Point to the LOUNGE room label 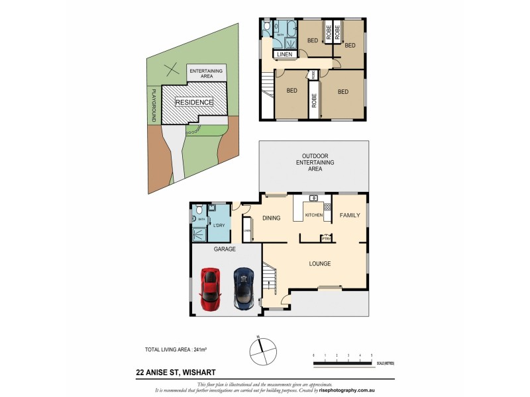319,264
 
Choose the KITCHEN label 313,216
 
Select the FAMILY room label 350,216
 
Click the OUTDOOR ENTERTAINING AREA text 315,162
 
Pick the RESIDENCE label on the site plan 194,103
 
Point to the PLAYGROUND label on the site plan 154,105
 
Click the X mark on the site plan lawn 172,67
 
